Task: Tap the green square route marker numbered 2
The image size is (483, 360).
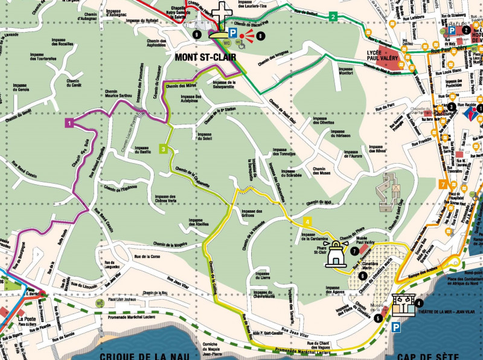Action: coord(333,16)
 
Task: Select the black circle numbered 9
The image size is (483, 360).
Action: coord(197,35)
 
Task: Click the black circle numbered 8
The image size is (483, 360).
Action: coord(260,36)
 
